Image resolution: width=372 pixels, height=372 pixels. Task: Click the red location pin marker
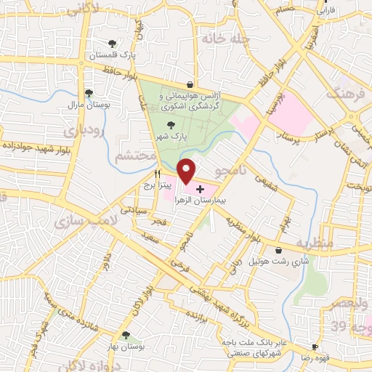click(x=187, y=170)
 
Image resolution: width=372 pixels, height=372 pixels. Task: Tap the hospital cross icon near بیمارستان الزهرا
click(x=201, y=188)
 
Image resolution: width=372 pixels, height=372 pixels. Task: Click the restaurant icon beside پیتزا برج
click(x=156, y=174)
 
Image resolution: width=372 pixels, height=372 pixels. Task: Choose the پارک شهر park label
click(x=174, y=136)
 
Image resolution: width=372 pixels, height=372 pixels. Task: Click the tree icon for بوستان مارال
click(x=88, y=93)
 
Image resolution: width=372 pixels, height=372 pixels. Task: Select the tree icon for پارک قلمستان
click(x=111, y=44)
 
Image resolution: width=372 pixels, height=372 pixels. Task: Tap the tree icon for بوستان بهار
click(x=126, y=334)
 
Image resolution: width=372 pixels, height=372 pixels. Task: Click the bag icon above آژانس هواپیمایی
click(x=190, y=84)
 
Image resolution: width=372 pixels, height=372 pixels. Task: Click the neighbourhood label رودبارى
click(x=81, y=130)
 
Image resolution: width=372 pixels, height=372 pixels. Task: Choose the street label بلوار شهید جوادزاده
click(x=33, y=145)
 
